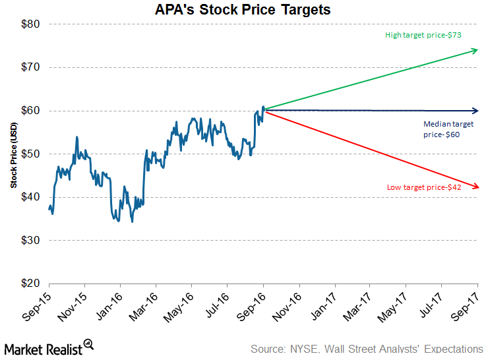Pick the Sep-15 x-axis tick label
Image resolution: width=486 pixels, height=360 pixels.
[38, 307]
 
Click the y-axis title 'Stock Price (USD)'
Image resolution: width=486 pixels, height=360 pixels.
[13, 154]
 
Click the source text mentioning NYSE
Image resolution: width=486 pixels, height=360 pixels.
[367, 349]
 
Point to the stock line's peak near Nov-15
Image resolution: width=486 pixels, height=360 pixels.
[77, 137]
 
